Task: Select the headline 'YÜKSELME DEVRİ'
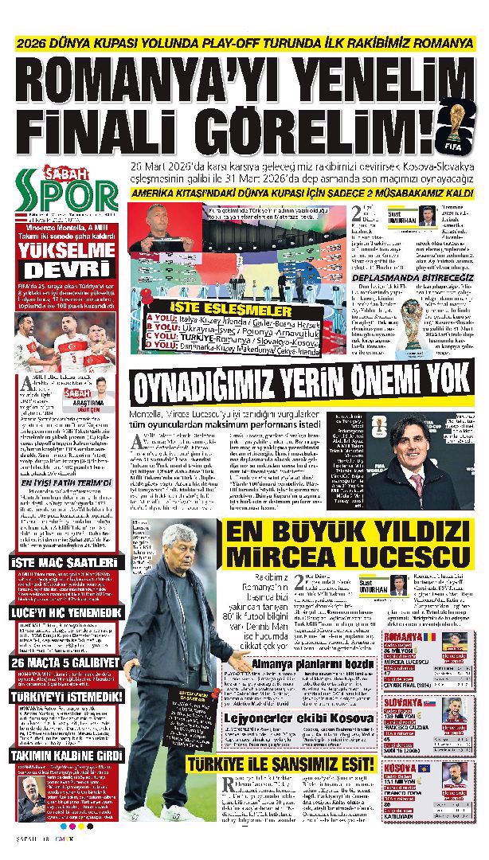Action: [65, 256]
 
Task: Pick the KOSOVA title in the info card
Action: [401, 768]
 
